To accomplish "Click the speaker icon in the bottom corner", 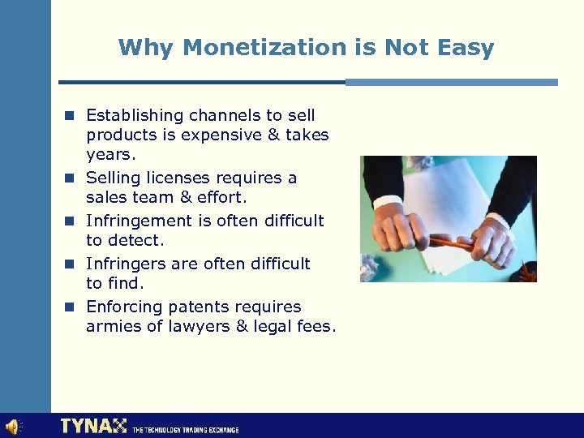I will [x=14, y=427].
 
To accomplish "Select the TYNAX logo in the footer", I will [x=93, y=426].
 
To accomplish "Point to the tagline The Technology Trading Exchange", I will [x=185, y=429].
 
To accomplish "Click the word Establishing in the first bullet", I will [x=131, y=115].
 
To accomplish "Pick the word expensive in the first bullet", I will [x=221, y=135].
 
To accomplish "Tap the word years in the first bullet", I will [x=109, y=154].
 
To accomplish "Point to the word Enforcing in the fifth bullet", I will [x=122, y=307].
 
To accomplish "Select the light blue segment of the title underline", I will [x=452, y=82].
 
